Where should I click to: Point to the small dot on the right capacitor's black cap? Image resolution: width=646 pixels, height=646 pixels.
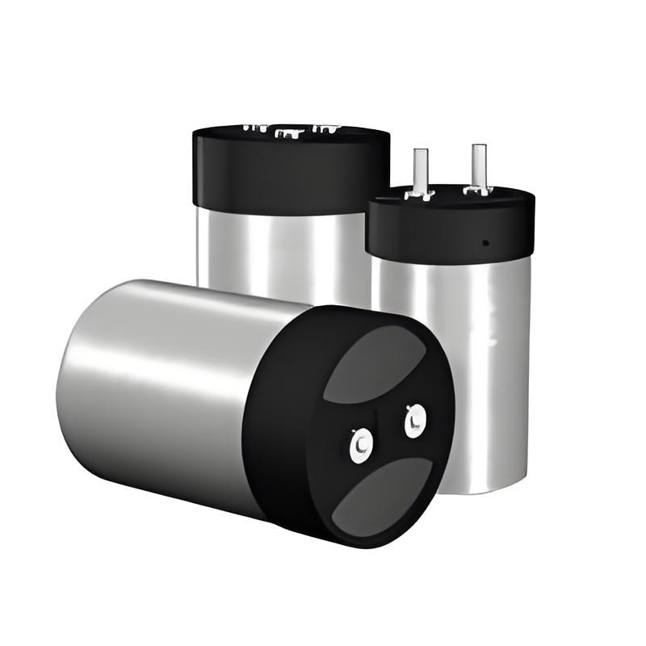click(x=484, y=241)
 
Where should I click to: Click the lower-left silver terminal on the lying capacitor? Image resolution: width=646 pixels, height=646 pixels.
click(x=360, y=443)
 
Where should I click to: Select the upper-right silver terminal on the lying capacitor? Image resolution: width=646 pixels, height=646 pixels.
click(x=415, y=421)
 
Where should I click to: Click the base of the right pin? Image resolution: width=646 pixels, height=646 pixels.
click(x=478, y=190)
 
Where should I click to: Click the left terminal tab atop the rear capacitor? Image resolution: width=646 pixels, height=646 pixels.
click(x=254, y=128)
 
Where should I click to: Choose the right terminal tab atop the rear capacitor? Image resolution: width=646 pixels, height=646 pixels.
click(x=327, y=128)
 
